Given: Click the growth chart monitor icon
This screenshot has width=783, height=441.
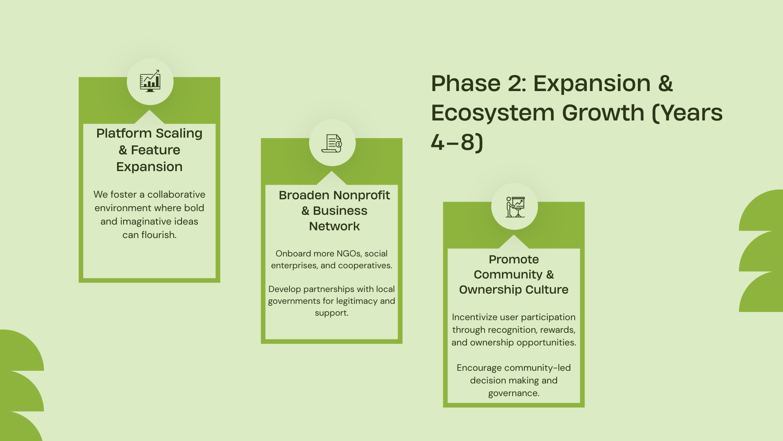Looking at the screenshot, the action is pos(150,81).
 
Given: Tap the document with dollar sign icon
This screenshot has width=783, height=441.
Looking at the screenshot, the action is pos(332,143).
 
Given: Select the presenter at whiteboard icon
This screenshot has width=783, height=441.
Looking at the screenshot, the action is pos(515,207).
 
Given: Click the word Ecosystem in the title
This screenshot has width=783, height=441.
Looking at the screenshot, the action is pos(493,113).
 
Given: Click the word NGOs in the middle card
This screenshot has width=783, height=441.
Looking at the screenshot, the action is pos(349,254).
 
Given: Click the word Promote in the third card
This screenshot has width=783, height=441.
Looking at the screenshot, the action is pos(514,259).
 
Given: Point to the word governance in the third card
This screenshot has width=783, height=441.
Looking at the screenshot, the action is pos(513,393).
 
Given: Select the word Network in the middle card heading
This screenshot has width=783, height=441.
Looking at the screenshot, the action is pos(334,226).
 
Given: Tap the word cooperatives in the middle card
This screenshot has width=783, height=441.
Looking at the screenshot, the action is pos(364,266).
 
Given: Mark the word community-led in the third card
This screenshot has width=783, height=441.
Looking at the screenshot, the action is pos(537,368).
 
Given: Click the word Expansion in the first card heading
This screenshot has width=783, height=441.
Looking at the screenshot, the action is pos(149,167).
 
